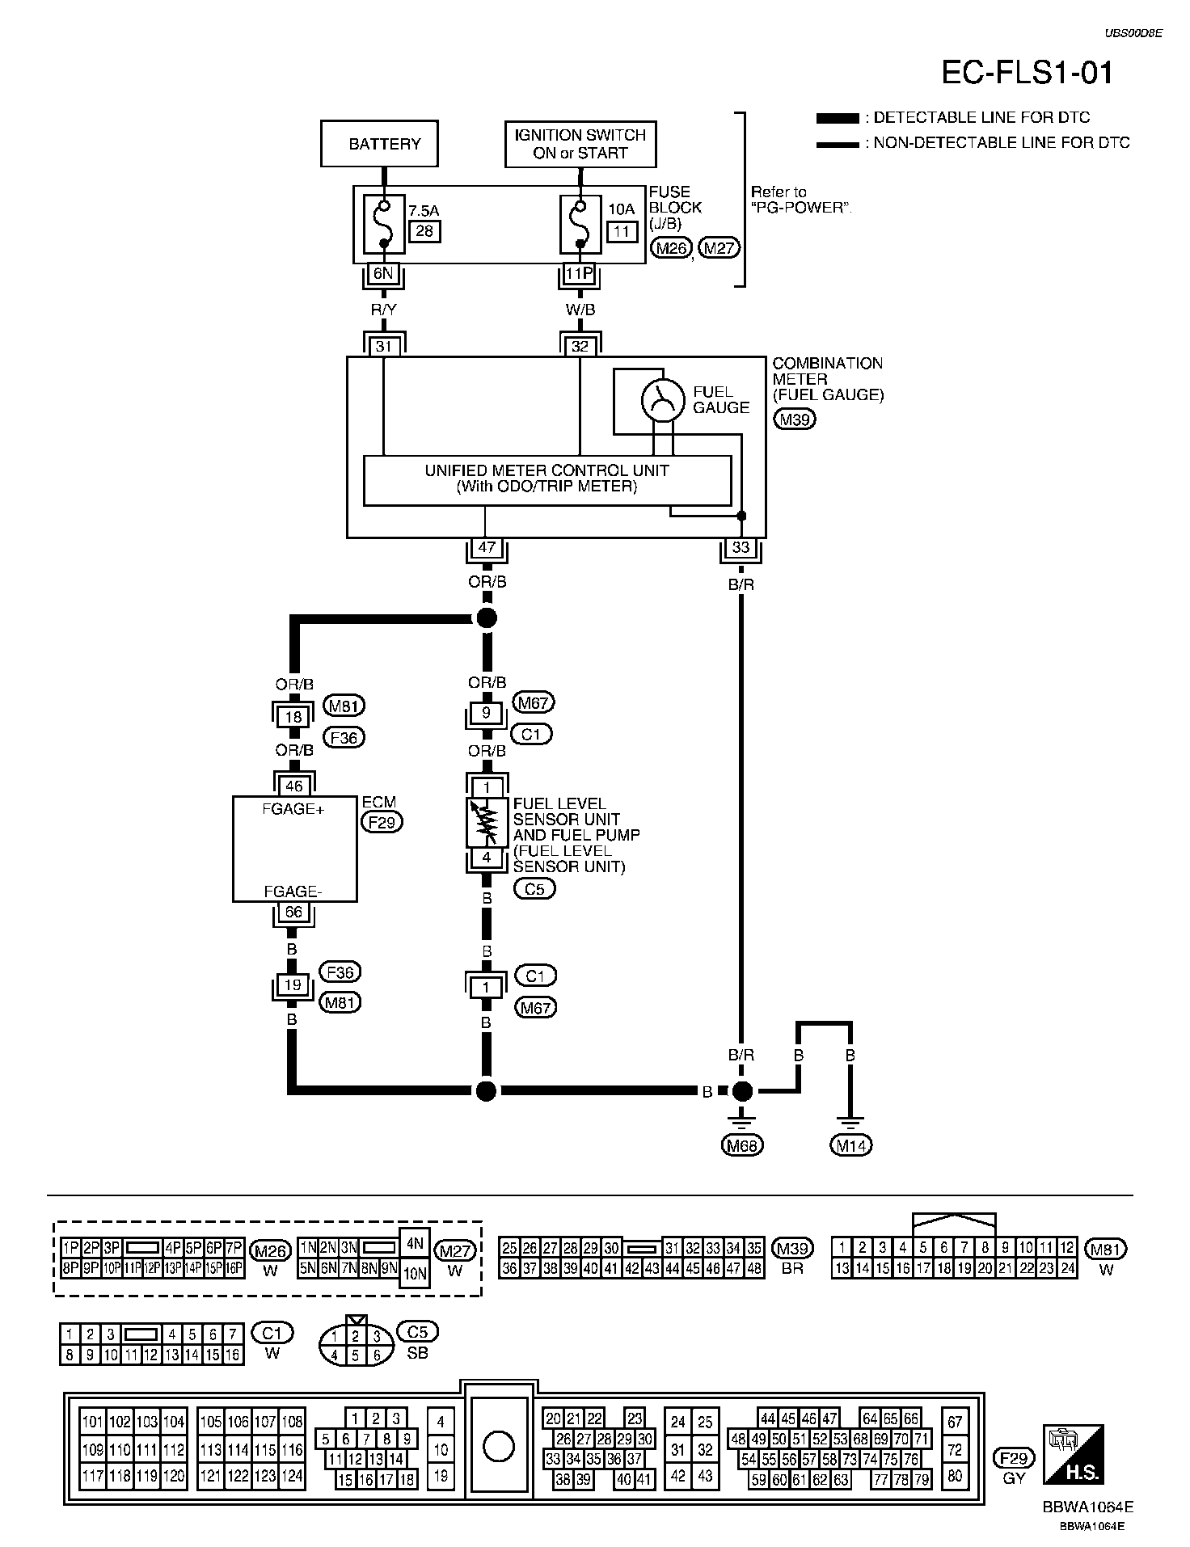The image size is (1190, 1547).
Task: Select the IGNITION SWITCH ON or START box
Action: point(580,144)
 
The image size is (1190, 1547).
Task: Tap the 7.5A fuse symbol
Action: point(383,223)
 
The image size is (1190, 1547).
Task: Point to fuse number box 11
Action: point(621,231)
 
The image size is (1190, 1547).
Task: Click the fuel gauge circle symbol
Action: point(663,400)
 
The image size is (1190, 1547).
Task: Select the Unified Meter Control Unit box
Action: point(547,480)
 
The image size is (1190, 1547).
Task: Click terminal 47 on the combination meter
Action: point(487,547)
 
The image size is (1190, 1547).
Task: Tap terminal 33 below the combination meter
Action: point(741,547)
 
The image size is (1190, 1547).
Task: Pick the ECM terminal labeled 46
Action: point(293,786)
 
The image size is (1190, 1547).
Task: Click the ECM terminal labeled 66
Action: point(293,912)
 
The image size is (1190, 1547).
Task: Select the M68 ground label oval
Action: point(742,1144)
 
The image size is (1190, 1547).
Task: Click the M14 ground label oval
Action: point(850,1144)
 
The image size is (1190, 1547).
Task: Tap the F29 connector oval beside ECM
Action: point(382,822)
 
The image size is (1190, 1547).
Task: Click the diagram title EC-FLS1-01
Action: point(1028,73)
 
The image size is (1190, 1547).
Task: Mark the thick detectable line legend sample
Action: point(838,118)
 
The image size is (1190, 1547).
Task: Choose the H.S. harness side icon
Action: point(1073,1453)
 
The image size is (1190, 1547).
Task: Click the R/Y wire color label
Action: point(383,310)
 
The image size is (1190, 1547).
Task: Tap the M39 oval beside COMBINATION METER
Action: point(795,419)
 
